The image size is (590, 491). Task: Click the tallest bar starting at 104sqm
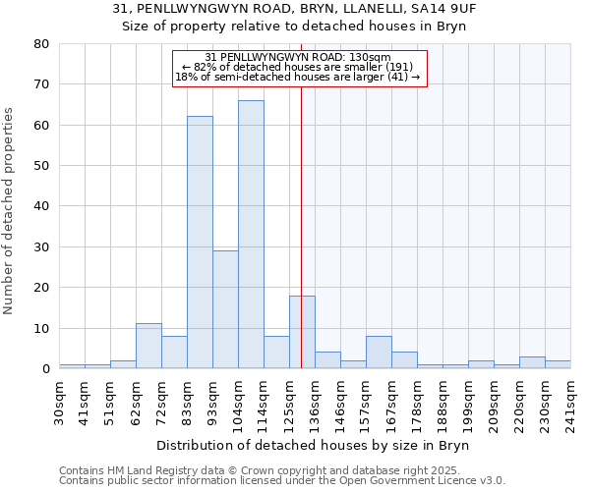coord(251,235)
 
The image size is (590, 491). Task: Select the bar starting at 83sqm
coord(200,243)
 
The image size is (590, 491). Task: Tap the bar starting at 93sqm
coord(225,309)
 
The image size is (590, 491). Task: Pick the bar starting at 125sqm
coord(302,332)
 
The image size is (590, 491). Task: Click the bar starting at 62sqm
coord(148,346)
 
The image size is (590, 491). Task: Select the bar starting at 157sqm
coord(379,352)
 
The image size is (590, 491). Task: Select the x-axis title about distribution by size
coord(314,445)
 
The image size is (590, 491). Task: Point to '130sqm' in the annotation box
coord(371,57)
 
